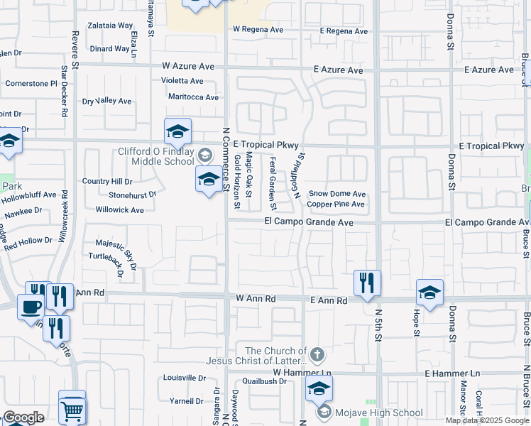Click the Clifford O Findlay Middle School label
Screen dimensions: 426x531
point(155,155)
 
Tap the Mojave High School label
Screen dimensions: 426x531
point(379,413)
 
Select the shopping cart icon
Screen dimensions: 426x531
point(72,409)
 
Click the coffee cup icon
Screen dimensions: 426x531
point(30,306)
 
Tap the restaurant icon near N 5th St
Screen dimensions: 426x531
point(367,283)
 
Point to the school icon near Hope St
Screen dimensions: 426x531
point(429,292)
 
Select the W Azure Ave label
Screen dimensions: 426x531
point(188,66)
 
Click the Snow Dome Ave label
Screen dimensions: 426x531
point(336,194)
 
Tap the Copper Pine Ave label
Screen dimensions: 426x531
point(336,204)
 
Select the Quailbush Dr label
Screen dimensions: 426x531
point(263,381)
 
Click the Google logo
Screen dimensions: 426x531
point(23,417)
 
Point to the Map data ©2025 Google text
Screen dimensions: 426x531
point(486,420)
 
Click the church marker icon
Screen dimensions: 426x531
point(318,354)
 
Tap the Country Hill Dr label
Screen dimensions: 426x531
point(107,182)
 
